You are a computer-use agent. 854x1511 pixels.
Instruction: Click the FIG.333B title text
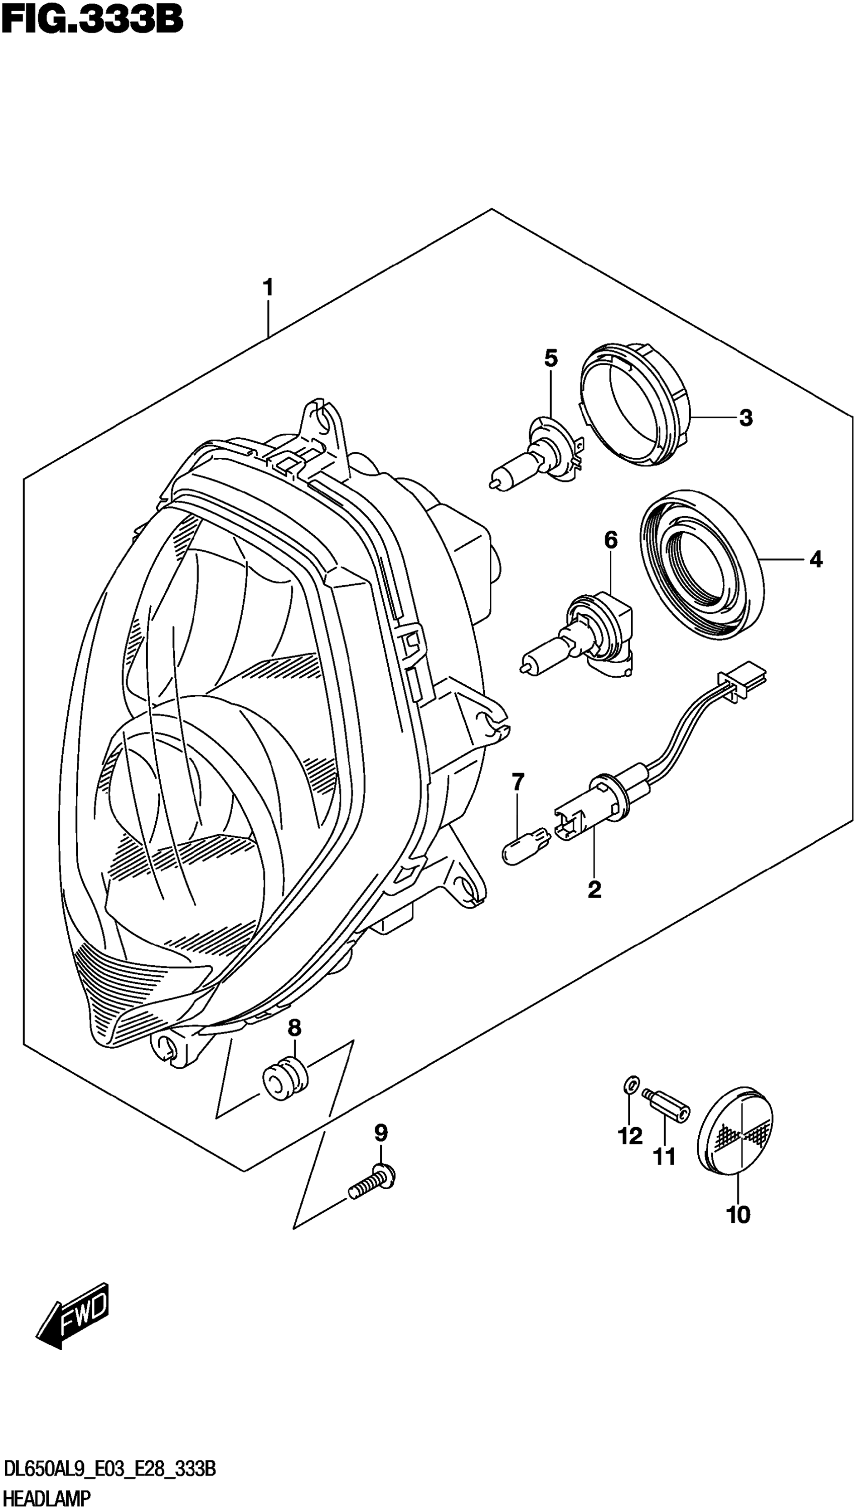(92, 20)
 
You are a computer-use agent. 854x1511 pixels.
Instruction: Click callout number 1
(268, 289)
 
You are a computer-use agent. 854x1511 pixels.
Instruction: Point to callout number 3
(745, 418)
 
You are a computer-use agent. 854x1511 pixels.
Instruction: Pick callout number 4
(815, 560)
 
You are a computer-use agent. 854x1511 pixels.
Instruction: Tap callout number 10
(738, 1215)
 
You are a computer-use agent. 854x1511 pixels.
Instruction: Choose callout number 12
(630, 1136)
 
